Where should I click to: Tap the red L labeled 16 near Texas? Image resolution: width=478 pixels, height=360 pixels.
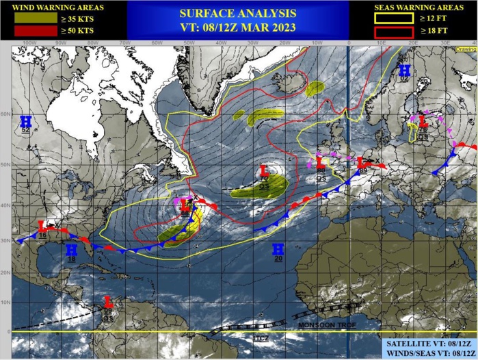pos(42,225)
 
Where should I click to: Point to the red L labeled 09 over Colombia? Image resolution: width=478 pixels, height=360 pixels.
pos(107,300)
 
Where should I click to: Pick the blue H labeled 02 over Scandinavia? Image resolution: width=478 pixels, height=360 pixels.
pos(404,70)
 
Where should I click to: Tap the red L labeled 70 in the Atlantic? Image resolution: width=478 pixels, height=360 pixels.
pos(264,170)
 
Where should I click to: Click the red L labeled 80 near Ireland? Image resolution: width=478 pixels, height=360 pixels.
pos(319,164)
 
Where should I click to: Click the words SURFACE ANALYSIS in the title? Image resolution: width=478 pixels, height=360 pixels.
pos(238,13)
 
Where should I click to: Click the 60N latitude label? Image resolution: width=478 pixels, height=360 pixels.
pos(5,114)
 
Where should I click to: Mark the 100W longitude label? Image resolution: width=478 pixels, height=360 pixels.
pos(28,42)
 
